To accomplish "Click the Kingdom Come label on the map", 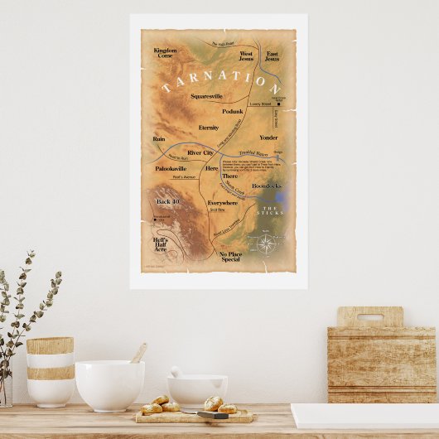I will point(165,53).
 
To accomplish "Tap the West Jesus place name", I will point(246,56).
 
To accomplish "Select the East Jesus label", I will point(273,56).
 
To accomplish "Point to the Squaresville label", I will point(206,97).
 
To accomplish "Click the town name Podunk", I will point(233,111).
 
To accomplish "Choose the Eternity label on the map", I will point(209,128).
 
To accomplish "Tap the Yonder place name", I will point(268,137).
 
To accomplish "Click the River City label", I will point(200,153).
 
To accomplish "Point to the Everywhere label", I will point(222,202).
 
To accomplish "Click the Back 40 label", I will point(168,202).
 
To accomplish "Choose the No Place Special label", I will point(229,256).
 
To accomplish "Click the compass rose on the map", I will point(266,243).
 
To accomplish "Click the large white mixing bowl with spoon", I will point(109,384).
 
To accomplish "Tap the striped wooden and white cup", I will point(50,370).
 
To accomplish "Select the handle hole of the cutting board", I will point(369,316).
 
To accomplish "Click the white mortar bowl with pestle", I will point(197,388).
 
